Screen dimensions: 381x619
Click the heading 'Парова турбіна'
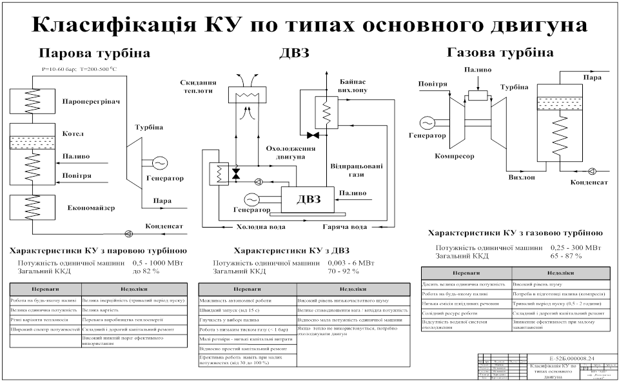click(x=94, y=53)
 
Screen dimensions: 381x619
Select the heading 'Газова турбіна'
click(x=500, y=52)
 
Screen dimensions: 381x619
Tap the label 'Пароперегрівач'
click(x=92, y=102)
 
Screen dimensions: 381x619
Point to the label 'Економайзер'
click(x=91, y=208)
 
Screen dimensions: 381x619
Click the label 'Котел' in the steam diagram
click(x=73, y=135)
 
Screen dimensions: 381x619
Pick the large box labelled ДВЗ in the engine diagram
click(x=308, y=199)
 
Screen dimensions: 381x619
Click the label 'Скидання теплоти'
click(x=198, y=87)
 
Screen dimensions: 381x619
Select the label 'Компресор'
click(x=454, y=156)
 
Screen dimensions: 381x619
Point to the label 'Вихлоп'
click(x=522, y=177)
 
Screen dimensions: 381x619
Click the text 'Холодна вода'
click(x=259, y=227)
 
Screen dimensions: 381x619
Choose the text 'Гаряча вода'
click(x=345, y=227)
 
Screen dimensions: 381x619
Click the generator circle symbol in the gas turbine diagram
click(x=427, y=122)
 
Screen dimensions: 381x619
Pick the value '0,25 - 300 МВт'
click(x=576, y=247)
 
